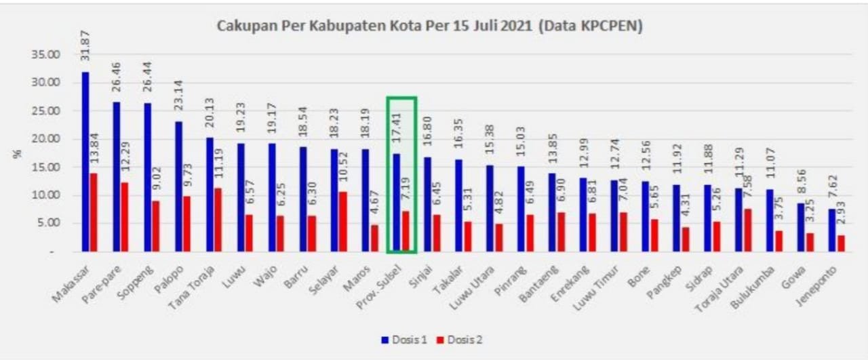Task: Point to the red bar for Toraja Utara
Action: [747, 230]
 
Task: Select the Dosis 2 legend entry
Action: [462, 339]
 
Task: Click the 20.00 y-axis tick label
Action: [48, 139]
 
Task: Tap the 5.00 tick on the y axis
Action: [50, 223]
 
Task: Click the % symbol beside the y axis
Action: [18, 153]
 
